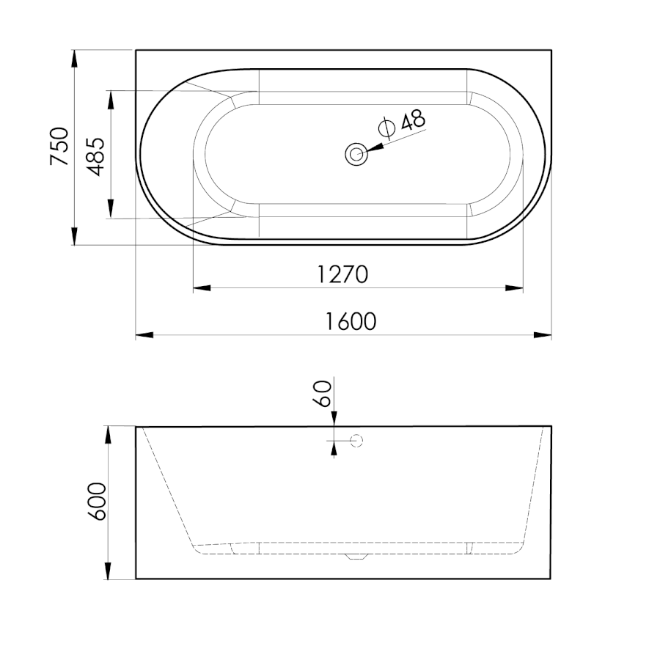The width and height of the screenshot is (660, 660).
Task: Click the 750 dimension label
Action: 59,146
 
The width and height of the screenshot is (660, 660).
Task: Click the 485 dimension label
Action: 95,157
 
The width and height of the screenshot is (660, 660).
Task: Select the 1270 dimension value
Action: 342,274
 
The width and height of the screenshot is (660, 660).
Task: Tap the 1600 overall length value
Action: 351,322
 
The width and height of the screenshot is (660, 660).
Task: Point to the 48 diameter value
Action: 413,120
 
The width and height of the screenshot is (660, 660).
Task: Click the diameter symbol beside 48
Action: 386,128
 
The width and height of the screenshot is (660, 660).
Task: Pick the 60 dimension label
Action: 323,393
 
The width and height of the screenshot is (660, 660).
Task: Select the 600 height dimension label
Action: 98,502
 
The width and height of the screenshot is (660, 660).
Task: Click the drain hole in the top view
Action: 356,154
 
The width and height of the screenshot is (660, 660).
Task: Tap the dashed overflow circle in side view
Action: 356,441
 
